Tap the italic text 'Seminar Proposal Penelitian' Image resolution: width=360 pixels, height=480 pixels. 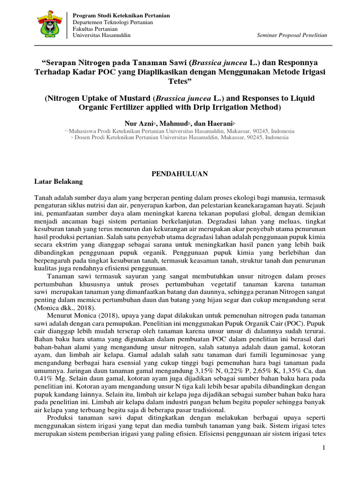coord(292,36)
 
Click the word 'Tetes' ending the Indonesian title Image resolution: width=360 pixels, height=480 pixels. coord(180,81)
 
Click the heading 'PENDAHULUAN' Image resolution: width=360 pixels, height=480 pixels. coord(180,173)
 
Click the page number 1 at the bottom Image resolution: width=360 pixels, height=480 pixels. coord(323,449)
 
